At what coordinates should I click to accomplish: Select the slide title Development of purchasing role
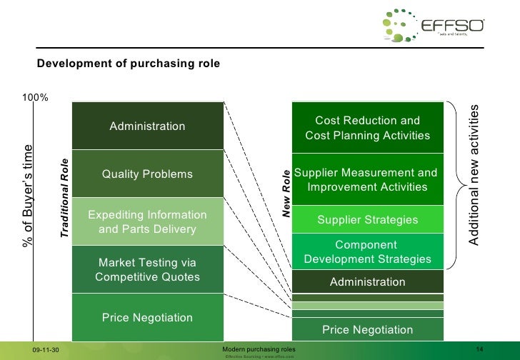[129, 64]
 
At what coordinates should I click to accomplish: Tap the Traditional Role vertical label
[64, 197]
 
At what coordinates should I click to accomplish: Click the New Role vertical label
[286, 194]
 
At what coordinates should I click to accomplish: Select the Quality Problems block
[147, 174]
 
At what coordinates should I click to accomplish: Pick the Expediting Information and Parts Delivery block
[147, 221]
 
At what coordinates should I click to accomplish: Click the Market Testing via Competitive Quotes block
[147, 269]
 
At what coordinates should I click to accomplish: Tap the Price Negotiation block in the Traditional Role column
[147, 317]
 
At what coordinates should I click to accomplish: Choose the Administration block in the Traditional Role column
[147, 126]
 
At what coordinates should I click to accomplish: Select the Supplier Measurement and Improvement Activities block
[368, 180]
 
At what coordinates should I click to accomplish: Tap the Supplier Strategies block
[368, 220]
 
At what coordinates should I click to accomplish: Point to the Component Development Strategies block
[368, 251]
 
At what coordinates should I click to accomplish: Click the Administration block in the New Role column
[368, 281]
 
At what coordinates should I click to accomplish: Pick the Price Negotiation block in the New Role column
[368, 329]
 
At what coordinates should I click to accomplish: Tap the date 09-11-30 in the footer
[48, 349]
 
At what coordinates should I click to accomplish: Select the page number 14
[480, 349]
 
